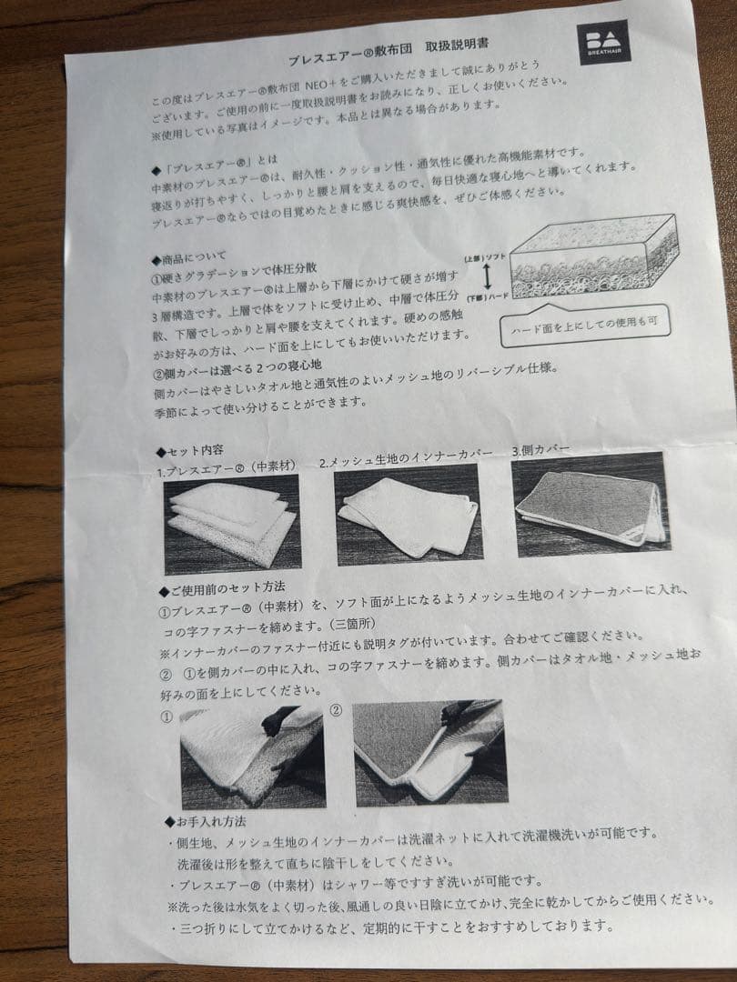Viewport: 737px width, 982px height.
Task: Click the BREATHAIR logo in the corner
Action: tap(604, 42)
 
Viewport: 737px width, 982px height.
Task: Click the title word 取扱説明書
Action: tap(457, 45)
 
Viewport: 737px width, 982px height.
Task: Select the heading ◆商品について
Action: tap(188, 258)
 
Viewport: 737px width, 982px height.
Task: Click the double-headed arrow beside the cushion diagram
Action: tap(487, 276)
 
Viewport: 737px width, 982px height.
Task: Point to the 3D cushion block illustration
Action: tap(594, 256)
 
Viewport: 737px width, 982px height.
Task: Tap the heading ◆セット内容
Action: tap(190, 451)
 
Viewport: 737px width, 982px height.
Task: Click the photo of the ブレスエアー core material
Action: tap(232, 524)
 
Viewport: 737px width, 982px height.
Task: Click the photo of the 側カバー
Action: tap(591, 504)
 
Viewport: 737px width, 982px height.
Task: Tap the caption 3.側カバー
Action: tap(540, 450)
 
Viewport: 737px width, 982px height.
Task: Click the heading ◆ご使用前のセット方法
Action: tap(222, 588)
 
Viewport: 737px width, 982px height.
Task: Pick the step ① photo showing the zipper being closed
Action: tap(253, 757)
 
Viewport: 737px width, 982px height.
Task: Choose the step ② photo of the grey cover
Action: tap(429, 753)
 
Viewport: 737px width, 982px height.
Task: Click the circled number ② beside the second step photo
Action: tap(336, 711)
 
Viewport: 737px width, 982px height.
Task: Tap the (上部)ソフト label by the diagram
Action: tap(485, 257)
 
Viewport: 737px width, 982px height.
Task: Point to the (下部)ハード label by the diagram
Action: tap(487, 297)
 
